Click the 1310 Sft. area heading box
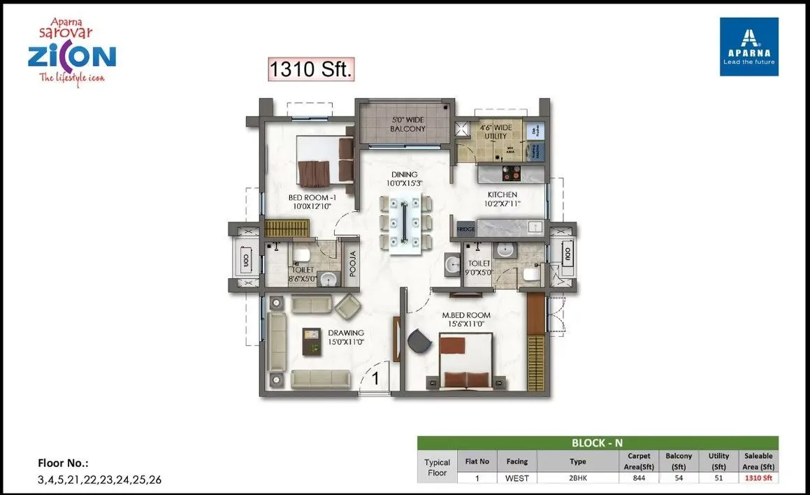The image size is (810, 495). [x=312, y=69]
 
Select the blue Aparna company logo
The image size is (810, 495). [x=748, y=46]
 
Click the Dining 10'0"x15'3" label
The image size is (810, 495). [x=404, y=179]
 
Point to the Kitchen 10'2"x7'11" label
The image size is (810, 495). [x=502, y=199]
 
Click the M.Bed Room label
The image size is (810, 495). [x=466, y=320]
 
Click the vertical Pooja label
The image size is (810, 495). [x=352, y=264]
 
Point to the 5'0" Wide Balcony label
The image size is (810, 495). [x=407, y=124]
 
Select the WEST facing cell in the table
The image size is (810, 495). [x=517, y=478]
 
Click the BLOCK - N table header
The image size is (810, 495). [x=598, y=443]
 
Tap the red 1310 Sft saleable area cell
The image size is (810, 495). [x=758, y=478]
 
